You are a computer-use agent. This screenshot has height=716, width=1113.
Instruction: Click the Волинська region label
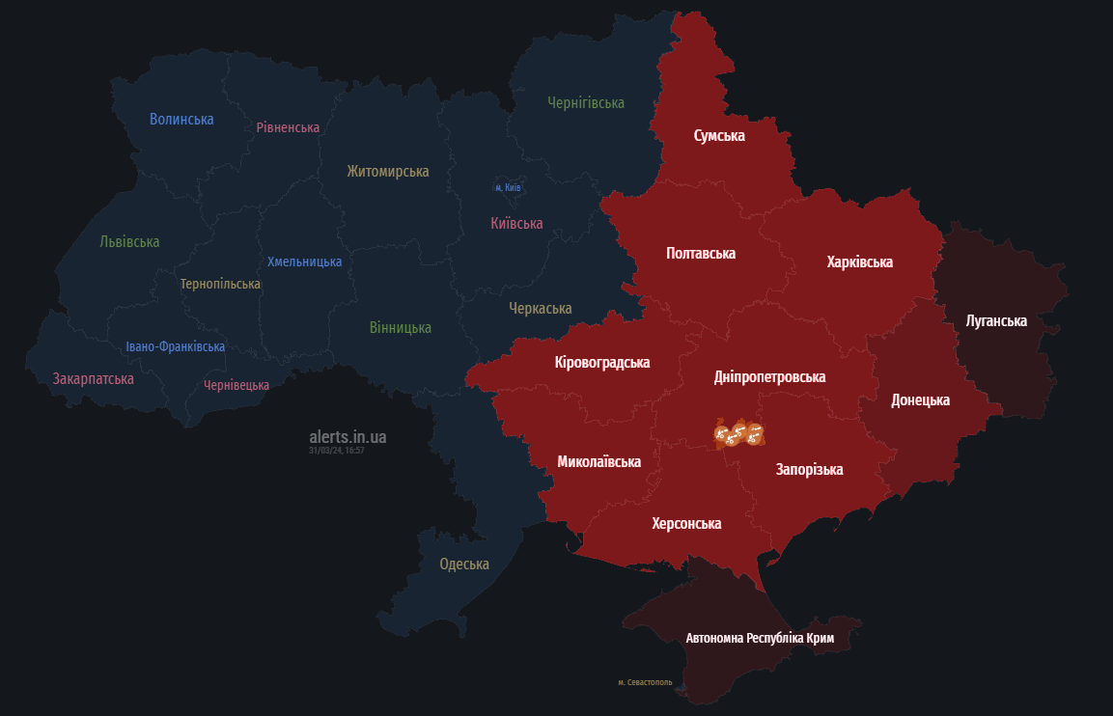tap(181, 120)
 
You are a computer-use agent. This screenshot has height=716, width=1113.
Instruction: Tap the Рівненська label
tap(288, 127)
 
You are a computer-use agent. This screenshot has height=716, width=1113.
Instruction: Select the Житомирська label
tap(388, 172)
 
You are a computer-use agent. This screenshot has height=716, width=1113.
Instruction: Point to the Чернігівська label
tap(586, 102)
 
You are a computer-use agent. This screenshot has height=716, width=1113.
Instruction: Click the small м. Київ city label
tap(508, 187)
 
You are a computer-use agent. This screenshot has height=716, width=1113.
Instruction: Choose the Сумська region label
tap(719, 136)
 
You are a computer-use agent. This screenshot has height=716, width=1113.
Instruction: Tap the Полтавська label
tap(701, 254)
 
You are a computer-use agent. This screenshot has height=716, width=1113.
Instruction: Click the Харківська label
tap(859, 262)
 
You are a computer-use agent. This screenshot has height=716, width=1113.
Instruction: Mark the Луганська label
tap(996, 320)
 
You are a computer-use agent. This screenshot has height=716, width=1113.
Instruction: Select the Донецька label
tap(920, 399)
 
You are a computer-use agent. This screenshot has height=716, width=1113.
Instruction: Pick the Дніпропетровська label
tap(769, 377)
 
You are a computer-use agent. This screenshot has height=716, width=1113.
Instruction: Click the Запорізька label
tap(809, 470)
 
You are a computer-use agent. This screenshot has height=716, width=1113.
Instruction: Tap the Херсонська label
tap(686, 523)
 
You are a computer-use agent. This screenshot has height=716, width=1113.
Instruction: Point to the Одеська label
tap(464, 565)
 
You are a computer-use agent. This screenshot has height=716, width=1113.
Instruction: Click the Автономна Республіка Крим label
tap(759, 639)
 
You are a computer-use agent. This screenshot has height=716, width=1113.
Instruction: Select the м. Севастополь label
tap(645, 682)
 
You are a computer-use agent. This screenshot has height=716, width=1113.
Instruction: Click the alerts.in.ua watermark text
tap(348, 437)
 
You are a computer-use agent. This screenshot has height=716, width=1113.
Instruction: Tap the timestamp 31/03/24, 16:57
tap(336, 451)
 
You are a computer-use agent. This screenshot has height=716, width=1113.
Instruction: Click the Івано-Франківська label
tap(176, 346)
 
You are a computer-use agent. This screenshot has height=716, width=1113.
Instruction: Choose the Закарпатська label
tap(94, 378)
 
